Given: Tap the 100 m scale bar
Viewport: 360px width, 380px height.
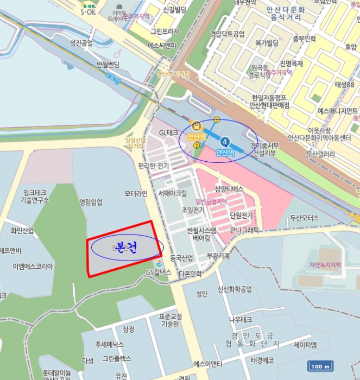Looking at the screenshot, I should point(319,366).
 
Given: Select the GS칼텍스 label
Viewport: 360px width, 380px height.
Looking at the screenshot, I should point(159,272).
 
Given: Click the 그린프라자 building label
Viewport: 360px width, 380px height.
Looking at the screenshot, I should point(165,31).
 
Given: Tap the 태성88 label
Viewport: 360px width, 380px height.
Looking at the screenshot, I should point(344,85).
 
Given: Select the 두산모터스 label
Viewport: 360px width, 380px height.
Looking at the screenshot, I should point(305,218).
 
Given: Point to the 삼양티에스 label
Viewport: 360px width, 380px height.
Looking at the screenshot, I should point(229,188).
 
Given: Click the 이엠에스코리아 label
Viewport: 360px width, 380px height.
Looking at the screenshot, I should point(33,267).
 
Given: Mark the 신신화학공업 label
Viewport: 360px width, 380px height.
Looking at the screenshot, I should point(235,289).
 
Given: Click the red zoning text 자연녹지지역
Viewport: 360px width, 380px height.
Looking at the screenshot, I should point(324,265).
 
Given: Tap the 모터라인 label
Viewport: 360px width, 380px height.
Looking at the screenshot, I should point(136,193).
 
